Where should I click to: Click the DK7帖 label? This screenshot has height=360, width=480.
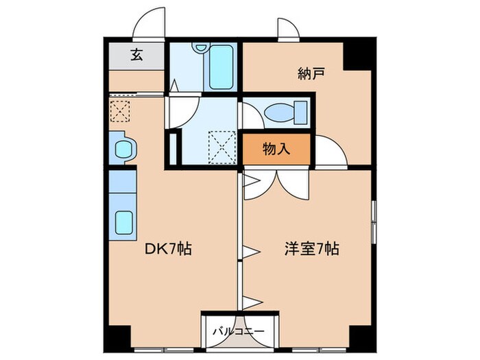pos(167,250)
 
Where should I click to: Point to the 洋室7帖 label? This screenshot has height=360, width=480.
pos(313,250)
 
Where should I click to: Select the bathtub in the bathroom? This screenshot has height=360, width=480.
pos(221,67)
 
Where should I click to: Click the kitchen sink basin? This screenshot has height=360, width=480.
pos(123,222)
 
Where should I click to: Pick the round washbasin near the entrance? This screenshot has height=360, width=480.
pos(123,148)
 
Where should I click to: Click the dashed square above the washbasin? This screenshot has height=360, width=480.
pos(120,110)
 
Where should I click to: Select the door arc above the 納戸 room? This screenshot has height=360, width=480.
pos(287,29)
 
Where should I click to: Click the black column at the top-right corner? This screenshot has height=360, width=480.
pos(358,54)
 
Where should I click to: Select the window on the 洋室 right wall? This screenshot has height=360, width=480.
pos(373,221)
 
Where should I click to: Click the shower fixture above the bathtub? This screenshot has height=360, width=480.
pos(200,47)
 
